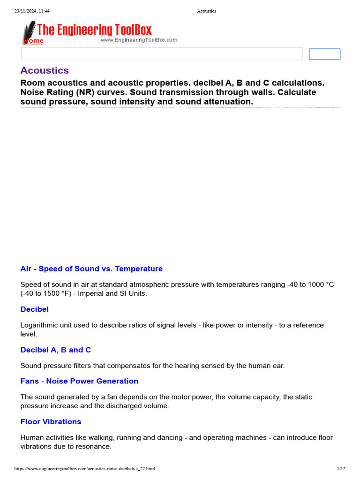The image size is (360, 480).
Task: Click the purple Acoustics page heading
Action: [45, 71]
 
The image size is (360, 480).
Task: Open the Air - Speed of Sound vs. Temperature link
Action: [91, 269]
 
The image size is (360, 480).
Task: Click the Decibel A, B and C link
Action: [55, 350]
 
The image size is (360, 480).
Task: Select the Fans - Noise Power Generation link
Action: [79, 381]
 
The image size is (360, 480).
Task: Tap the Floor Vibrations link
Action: [51, 422]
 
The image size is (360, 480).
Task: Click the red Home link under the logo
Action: [34, 41]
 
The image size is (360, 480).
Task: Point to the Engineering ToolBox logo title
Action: [94, 30]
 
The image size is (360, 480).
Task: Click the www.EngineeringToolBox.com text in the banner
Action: [139, 40]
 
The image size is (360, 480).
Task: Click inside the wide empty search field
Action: [162, 54]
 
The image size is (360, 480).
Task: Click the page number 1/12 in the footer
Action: [341, 468]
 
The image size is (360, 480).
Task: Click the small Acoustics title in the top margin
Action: [206, 11]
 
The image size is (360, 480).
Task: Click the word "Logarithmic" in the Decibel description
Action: [40, 325]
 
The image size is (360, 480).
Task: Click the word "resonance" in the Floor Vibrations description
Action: [95, 447]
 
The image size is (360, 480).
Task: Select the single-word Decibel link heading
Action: [34, 309]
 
